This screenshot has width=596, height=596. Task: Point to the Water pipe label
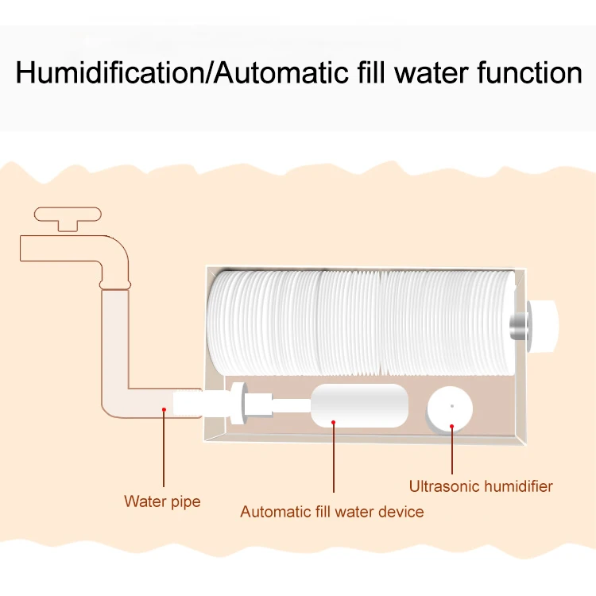[x=162, y=501]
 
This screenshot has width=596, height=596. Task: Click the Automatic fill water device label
[x=331, y=512]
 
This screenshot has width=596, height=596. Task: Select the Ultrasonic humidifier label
[x=481, y=486]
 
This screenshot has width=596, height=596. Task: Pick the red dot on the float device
[x=334, y=422]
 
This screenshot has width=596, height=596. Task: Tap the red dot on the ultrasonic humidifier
[x=452, y=427]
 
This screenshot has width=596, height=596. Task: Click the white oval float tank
[x=358, y=405]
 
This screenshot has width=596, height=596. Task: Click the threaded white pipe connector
[x=191, y=403]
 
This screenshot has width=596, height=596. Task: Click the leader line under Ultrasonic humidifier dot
[x=452, y=453]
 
